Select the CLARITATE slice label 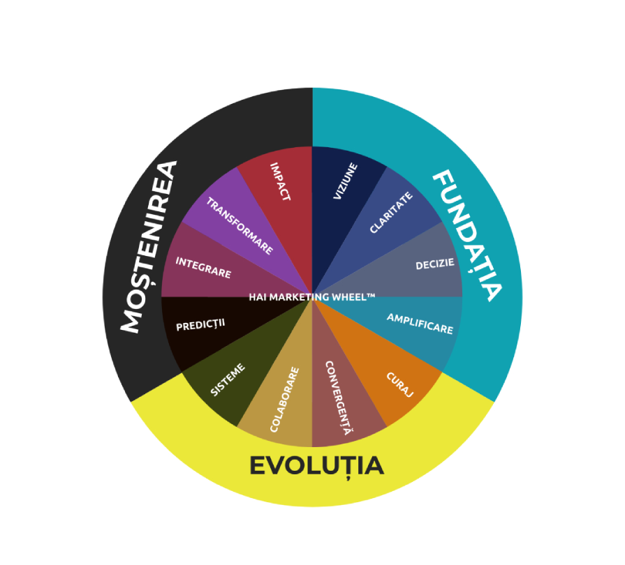(391, 213)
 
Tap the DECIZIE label (435, 264)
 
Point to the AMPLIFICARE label (420, 323)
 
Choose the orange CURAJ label (400, 384)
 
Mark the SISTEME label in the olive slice (228, 382)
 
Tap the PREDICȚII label (200, 325)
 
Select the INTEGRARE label (203, 267)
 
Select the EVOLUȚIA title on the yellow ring (316, 465)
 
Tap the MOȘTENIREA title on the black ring (149, 247)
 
